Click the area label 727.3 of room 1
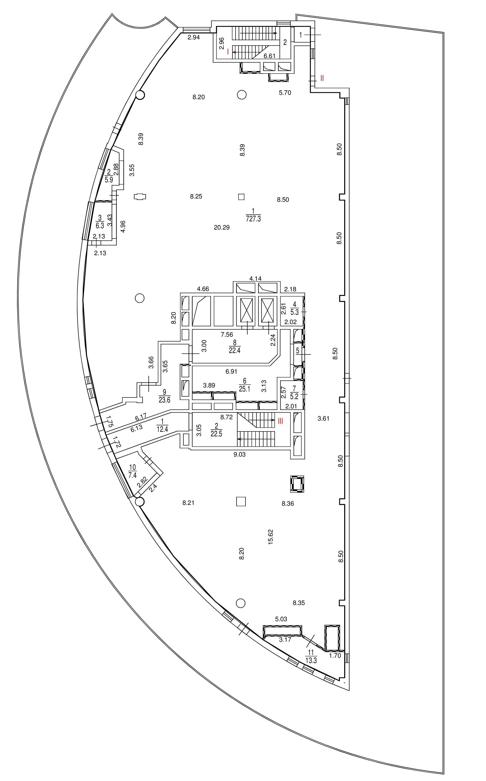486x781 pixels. [253, 219]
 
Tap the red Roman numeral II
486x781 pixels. [322, 78]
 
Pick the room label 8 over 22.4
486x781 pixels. [235, 347]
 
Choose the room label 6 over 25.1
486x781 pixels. [245, 385]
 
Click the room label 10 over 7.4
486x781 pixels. [132, 471]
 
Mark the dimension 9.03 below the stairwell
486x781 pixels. [239, 455]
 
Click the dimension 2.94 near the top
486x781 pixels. [194, 37]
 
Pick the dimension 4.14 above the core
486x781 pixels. [255, 279]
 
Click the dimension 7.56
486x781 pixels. [227, 335]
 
